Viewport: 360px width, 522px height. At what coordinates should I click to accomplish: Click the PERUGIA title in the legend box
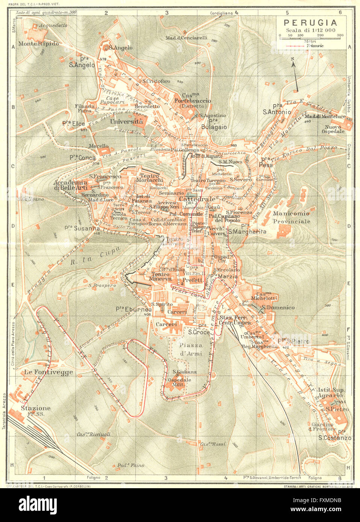pos(310,22)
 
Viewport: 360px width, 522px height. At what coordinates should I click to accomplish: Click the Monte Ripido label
pos(39,44)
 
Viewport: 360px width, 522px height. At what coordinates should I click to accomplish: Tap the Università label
pos(126,122)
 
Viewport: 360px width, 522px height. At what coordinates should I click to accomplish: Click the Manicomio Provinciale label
pos(291,217)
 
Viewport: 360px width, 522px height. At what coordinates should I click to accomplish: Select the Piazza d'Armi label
pos(191,349)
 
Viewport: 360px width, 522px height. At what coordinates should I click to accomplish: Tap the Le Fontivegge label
pos(48,372)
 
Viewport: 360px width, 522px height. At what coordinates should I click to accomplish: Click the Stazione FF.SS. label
pos(36,410)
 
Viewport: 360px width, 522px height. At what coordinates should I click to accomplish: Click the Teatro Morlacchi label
pos(151,178)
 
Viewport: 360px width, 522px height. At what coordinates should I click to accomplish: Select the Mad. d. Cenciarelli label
pos(186,38)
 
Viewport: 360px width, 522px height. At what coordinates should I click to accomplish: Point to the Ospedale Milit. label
pos(179,382)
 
